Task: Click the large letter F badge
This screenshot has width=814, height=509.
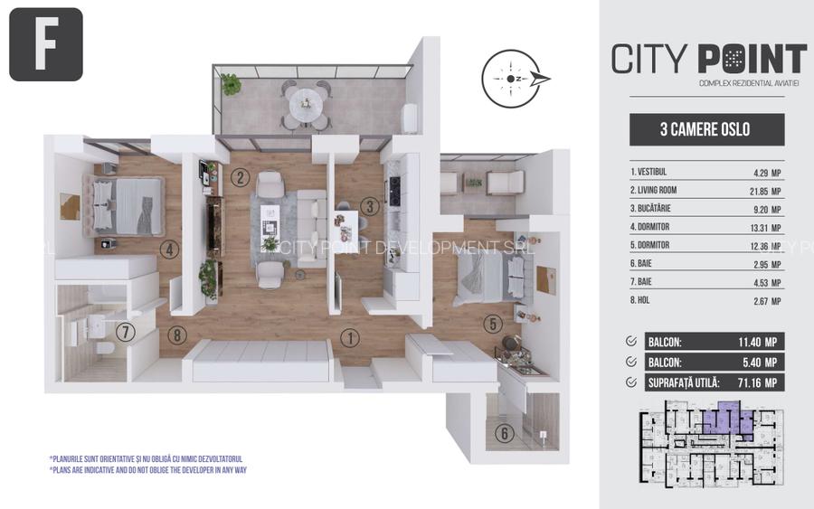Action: pos(46,44)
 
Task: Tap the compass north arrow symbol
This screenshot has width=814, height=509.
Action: pos(515,79)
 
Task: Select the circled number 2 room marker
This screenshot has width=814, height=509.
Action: pos(240,177)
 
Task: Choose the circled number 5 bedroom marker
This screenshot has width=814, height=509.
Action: pos(492,324)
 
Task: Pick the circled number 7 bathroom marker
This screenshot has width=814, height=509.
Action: pos(126,332)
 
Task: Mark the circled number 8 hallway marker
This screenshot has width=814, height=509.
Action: pos(177,335)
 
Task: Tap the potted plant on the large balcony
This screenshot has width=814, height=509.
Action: pos(232,84)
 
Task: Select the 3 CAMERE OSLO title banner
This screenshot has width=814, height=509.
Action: pos(706,129)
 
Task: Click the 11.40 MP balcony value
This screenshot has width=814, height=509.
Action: pos(752,342)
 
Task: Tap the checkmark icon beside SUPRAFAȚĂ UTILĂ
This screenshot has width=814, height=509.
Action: pos(630,382)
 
